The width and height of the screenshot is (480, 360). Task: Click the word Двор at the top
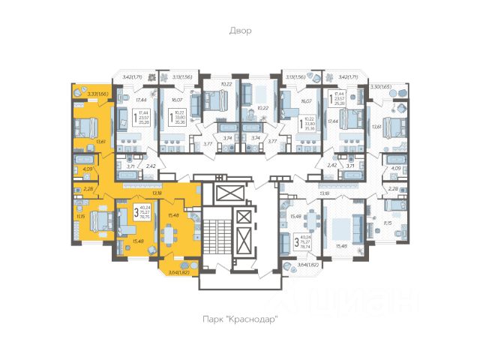tap(240, 31)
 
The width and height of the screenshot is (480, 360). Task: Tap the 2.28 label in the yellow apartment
tap(88, 188)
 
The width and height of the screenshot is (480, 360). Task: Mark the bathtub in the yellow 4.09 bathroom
tap(82, 160)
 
